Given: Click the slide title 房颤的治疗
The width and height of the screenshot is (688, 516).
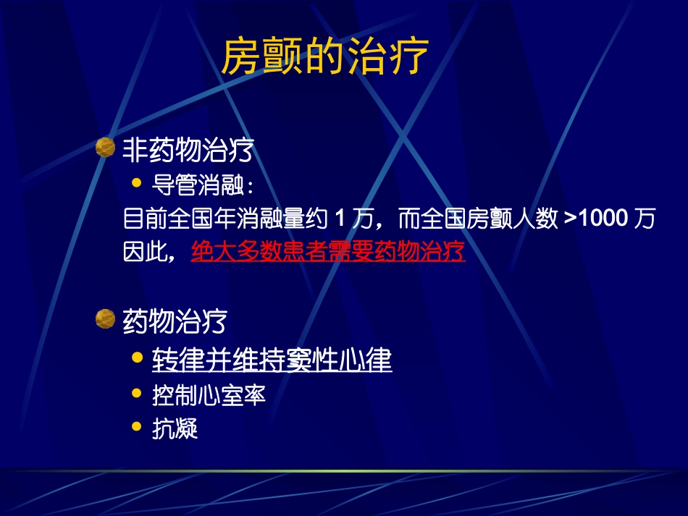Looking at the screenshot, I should [324, 57].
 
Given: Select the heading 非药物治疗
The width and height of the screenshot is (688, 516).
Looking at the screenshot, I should [188, 150].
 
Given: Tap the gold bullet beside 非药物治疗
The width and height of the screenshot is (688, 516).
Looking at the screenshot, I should [106, 148].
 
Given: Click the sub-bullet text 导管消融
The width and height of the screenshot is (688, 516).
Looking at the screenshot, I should [201, 185].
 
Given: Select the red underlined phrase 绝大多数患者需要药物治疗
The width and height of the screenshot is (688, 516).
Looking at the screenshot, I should [328, 252].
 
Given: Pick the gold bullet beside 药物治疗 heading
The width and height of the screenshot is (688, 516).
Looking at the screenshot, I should [106, 318].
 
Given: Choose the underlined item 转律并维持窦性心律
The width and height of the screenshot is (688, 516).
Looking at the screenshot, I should [272, 360].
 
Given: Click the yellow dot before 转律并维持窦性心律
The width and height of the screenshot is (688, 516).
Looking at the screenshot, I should [136, 358].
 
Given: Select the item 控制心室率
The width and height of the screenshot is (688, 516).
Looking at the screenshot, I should [209, 395].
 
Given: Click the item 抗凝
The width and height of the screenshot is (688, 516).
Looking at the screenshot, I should [175, 429].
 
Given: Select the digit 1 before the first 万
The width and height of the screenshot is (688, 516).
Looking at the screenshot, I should [340, 219].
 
